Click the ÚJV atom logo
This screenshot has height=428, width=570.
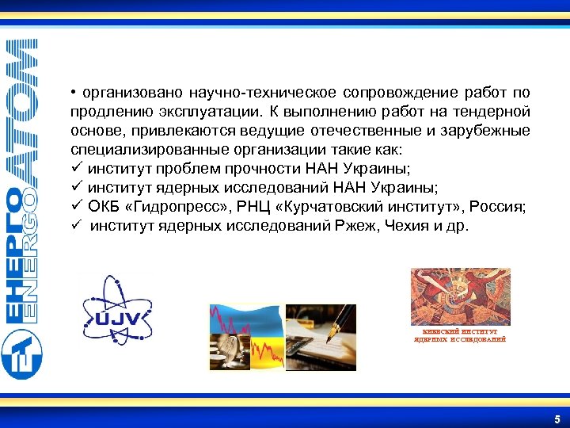(x=118, y=311)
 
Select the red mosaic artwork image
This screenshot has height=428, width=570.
(x=460, y=296)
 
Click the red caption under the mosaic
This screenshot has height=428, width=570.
(x=460, y=335)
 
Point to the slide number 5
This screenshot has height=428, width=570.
(x=557, y=418)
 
